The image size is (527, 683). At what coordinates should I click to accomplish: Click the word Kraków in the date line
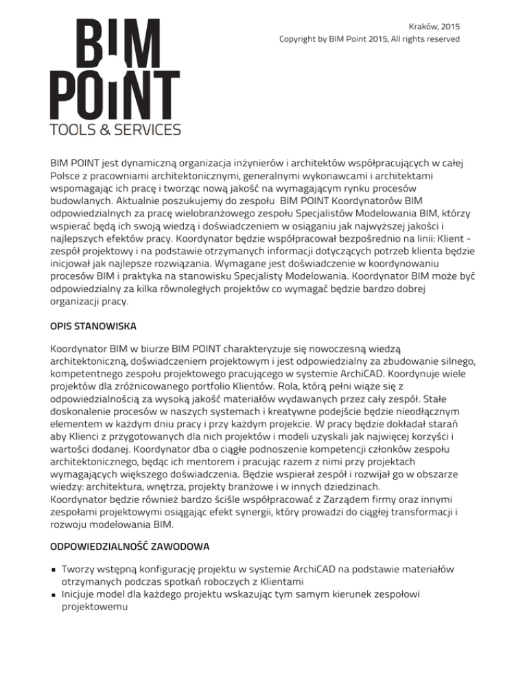pos(422,26)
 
